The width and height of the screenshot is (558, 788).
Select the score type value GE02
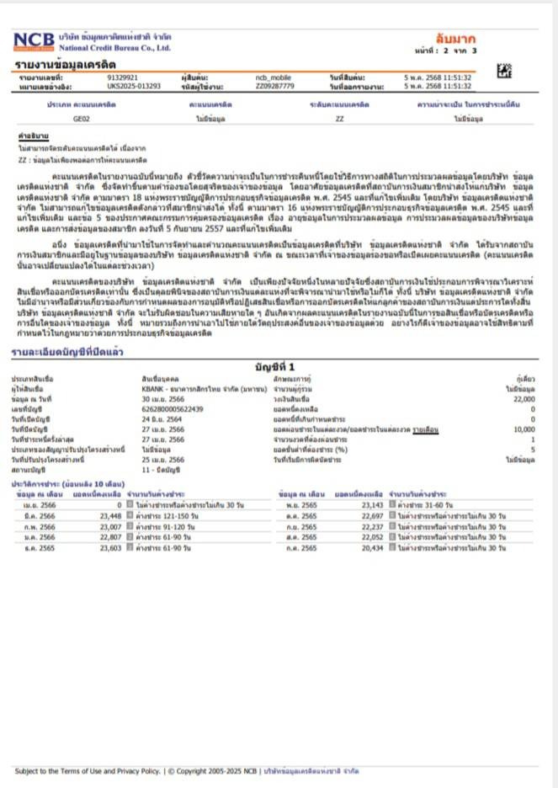pyautogui.click(x=82, y=120)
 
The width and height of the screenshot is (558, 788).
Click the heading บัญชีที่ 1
pyautogui.click(x=279, y=367)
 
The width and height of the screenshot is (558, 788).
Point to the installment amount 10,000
pyautogui.click(x=524, y=429)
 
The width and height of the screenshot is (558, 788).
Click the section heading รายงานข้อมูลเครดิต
pyautogui.click(x=66, y=63)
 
